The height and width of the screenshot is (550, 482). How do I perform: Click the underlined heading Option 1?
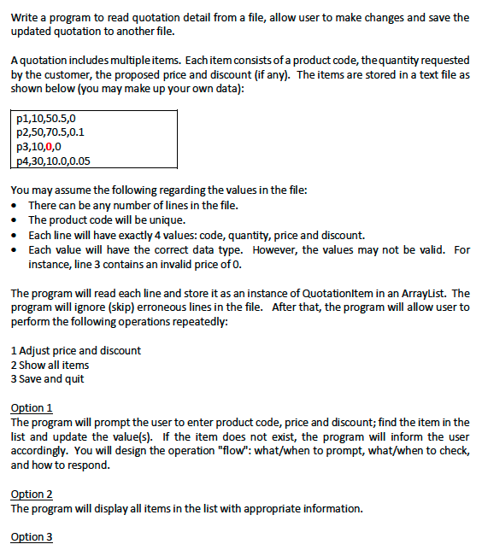pos(32,407)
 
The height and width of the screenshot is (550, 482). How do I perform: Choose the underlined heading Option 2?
pos(32,494)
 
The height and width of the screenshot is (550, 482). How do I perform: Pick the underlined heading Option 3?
pos(32,536)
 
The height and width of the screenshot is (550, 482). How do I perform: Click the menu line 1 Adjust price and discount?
pos(75,350)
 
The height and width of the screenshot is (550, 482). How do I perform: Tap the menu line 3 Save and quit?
pos(48,378)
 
